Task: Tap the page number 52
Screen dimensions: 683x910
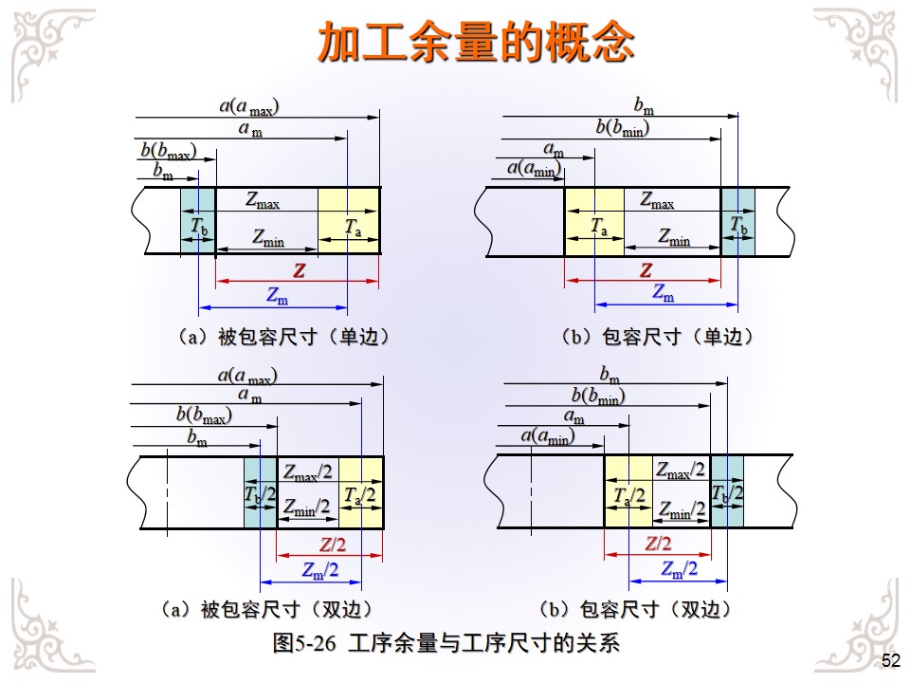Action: point(891,661)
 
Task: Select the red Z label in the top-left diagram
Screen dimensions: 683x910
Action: point(300,271)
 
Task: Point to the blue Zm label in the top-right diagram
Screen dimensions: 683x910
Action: point(664,294)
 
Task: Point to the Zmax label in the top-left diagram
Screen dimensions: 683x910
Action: point(263,200)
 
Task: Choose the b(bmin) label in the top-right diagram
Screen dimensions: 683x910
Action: point(623,127)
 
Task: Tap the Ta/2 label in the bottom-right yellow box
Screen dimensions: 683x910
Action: point(628,496)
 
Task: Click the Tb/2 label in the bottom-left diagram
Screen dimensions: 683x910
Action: point(260,494)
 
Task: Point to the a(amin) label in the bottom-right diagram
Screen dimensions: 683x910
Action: point(548,435)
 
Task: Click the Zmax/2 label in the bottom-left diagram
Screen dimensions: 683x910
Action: point(308,471)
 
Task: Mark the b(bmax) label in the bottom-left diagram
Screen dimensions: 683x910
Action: point(204,415)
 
